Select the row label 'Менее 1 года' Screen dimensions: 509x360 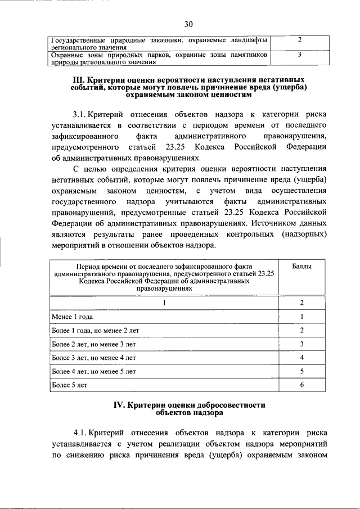(73, 317)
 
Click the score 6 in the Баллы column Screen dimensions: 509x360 (301, 385)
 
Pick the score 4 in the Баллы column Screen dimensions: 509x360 (301, 358)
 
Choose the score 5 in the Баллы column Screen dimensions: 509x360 (301, 372)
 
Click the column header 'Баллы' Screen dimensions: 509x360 (301, 265)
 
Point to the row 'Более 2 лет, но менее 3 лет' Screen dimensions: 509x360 (93, 344)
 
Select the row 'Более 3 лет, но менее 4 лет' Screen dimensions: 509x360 (93, 358)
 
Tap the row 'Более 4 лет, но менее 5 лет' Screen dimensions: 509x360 (93, 372)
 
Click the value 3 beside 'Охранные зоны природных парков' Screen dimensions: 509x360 (300, 55)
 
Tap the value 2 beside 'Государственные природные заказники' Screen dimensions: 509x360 (300, 40)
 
